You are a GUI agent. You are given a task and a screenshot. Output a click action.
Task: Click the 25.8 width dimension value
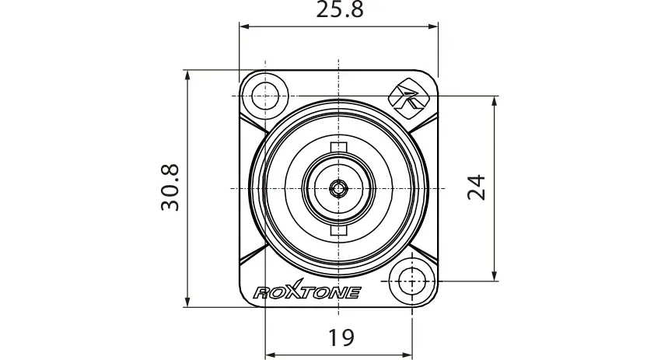(x=340, y=9)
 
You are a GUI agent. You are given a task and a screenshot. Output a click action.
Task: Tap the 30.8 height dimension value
(x=170, y=187)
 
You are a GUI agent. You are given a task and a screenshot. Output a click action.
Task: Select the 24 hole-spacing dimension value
(x=477, y=187)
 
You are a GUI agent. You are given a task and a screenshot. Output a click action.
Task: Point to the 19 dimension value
(x=341, y=337)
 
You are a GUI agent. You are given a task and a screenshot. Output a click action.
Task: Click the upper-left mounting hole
(x=265, y=96)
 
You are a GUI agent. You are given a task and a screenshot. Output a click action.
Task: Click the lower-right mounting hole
(x=411, y=281)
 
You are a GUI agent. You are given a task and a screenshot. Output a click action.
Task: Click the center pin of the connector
(x=338, y=188)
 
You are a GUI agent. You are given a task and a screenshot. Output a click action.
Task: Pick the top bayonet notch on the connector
(x=338, y=147)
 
